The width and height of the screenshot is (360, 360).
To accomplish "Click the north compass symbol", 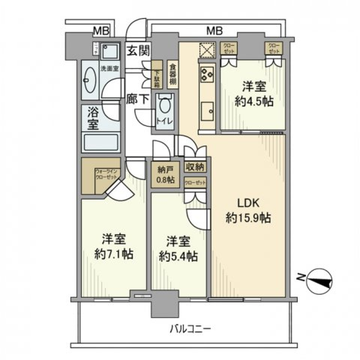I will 319,282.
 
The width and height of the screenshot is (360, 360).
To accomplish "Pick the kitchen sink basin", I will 207,110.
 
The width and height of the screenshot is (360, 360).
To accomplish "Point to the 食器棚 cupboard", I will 172,75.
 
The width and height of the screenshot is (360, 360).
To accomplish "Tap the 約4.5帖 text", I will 254,101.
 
